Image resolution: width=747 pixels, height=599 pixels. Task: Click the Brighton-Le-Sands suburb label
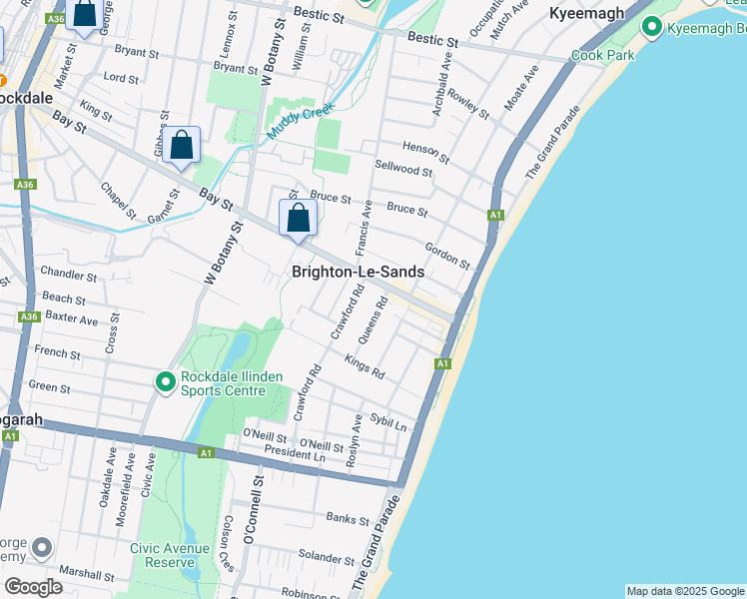358,272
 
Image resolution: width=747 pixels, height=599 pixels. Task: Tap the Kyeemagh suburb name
586,13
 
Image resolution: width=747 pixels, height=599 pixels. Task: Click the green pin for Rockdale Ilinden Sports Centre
165,381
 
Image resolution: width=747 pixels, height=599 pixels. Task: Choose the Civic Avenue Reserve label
169,555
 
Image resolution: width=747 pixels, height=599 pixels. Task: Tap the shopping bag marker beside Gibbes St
182,147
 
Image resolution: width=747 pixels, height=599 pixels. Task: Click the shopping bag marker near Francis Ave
298,218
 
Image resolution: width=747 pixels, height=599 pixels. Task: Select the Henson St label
420,149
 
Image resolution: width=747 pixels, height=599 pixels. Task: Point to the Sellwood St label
402,171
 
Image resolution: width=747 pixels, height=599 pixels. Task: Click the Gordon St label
446,255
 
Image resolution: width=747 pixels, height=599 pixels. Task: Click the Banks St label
348,517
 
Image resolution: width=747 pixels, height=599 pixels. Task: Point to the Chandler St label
69,274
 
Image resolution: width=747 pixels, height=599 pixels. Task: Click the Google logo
33,586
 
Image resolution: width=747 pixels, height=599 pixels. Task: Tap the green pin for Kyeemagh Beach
653,27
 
